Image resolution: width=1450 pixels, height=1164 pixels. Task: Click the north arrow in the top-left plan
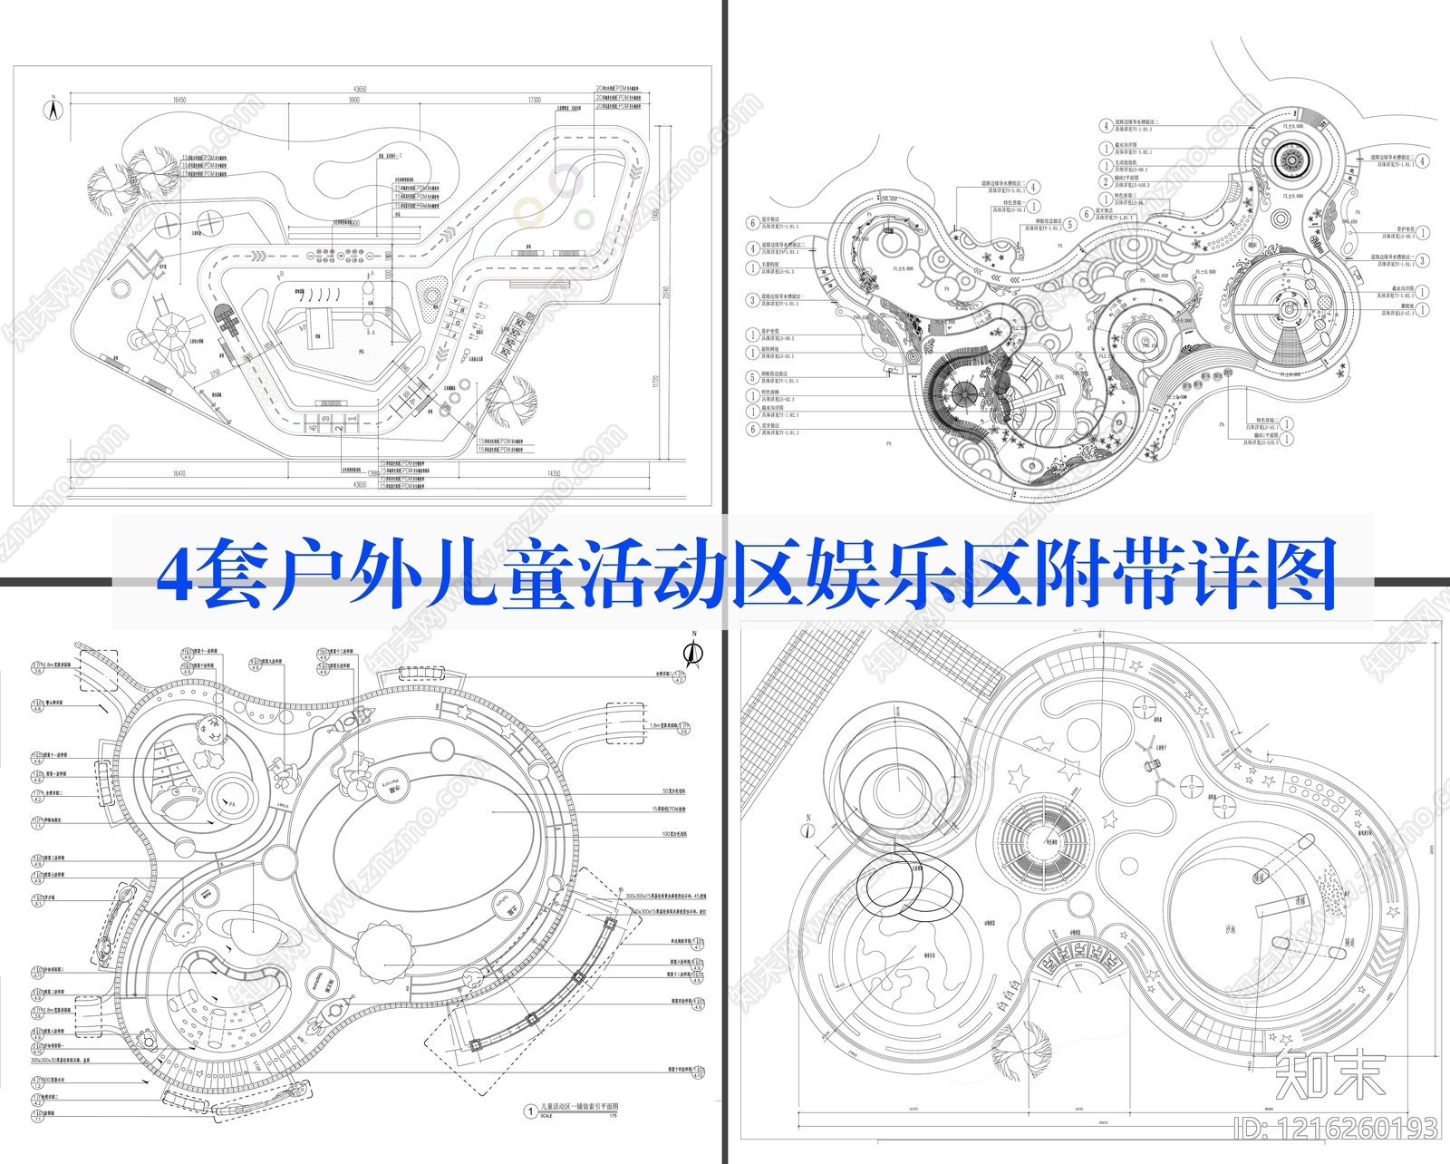53,110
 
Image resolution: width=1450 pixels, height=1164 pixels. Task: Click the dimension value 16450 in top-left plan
179,101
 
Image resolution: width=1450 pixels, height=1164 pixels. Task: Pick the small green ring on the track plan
585,218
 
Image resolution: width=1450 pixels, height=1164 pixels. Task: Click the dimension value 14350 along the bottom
554,473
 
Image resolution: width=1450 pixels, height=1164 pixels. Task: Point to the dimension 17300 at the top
535,101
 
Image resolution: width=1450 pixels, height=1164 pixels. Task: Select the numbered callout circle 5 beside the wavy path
1071,224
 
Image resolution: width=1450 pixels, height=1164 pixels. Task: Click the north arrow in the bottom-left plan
693,651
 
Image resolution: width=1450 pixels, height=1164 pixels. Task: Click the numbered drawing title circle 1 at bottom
530,1111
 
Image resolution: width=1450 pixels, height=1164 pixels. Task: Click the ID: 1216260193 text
1336,1129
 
